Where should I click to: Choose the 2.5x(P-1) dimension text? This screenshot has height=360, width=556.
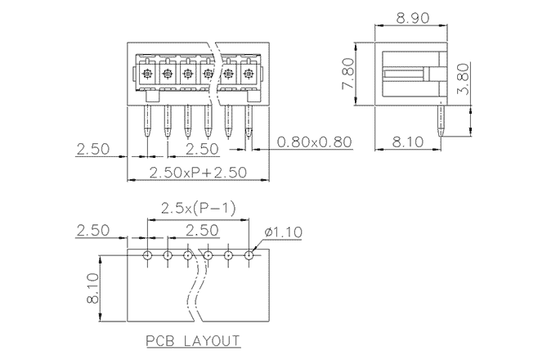point(198,209)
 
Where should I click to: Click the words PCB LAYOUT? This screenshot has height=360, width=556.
point(192,340)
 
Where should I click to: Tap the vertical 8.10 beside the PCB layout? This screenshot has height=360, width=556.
point(92,289)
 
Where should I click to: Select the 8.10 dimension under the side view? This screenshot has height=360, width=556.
point(409,142)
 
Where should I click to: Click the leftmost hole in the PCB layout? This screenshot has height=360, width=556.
point(147,255)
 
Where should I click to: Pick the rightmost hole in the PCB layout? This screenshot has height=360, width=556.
point(249,255)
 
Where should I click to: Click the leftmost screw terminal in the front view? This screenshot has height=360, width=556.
point(147,74)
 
